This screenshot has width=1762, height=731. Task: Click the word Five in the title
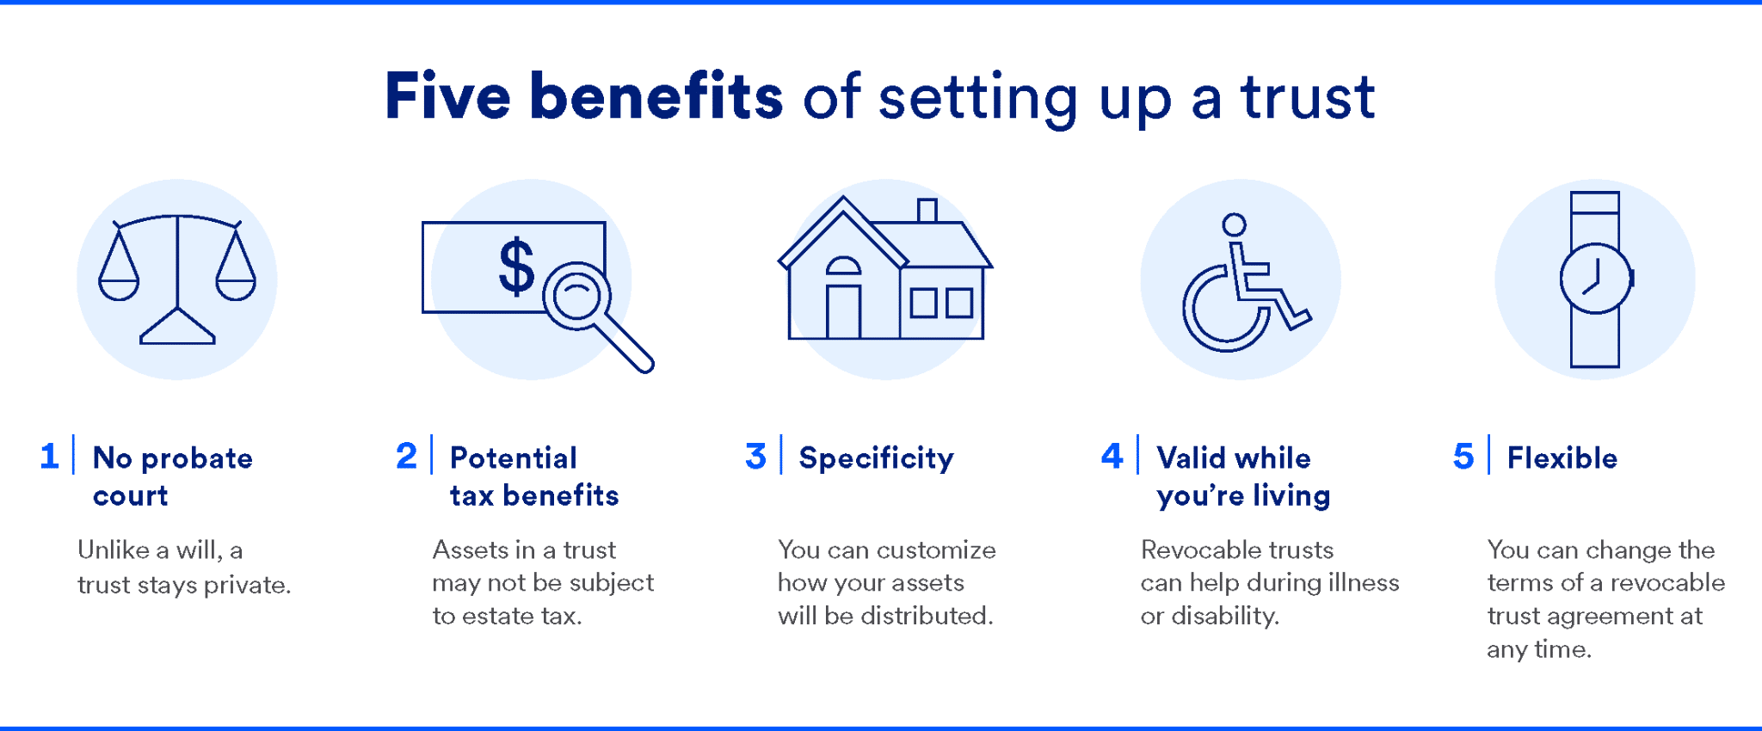[447, 96]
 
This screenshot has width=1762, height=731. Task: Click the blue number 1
[50, 456]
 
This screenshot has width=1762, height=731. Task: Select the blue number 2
[406, 456]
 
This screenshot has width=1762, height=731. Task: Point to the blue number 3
[755, 457]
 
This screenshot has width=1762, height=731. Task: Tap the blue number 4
[1112, 456]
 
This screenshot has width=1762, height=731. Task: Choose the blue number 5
[1463, 457]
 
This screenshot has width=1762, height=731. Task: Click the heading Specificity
[876, 458]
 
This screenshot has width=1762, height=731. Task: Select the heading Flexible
[1562, 458]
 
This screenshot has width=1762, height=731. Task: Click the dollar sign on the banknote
[516, 267]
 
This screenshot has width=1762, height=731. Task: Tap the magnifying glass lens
[576, 295]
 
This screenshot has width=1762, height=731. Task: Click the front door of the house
[842, 310]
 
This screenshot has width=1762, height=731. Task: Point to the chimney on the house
[927, 210]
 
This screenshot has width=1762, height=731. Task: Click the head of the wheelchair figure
[1235, 224]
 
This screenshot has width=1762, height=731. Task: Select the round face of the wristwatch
[1595, 279]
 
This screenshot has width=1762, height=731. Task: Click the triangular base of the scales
[177, 329]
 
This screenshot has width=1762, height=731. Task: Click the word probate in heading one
[197, 458]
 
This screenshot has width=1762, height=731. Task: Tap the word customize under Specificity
[936, 550]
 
